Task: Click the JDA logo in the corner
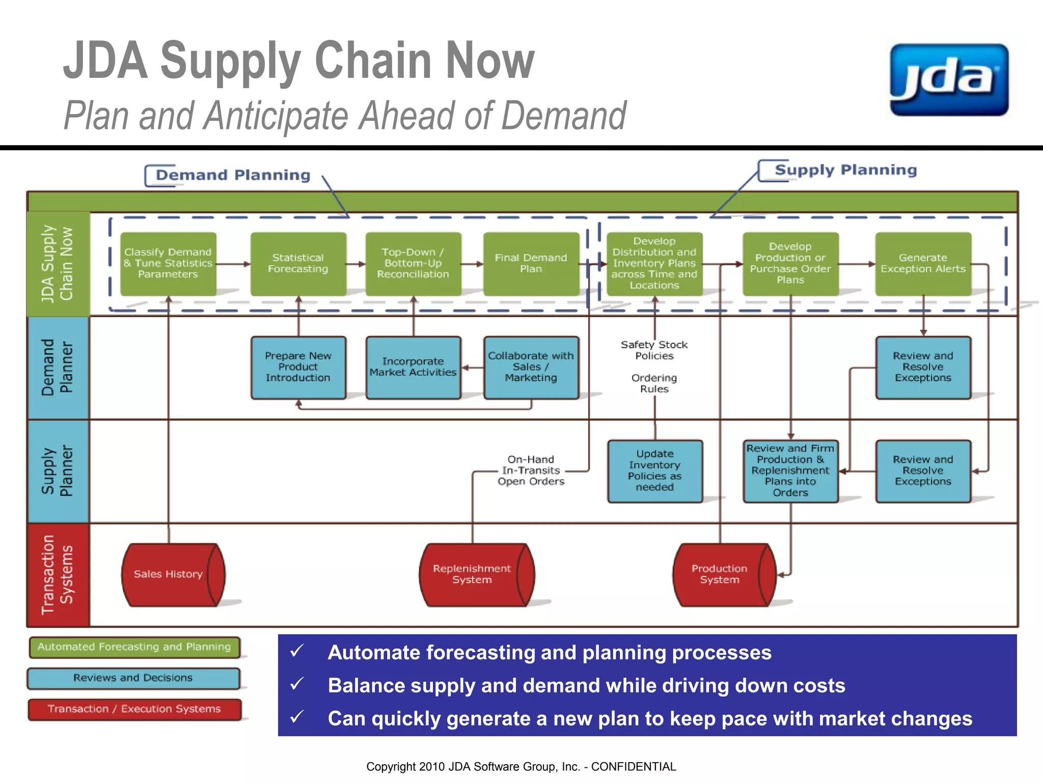(x=949, y=80)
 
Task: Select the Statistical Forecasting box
(x=298, y=264)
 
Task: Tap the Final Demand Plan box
(x=531, y=264)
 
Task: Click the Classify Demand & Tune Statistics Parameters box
(x=168, y=264)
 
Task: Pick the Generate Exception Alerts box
(x=923, y=264)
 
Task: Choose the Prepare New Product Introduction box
(x=298, y=367)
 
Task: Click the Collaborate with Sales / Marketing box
(x=531, y=367)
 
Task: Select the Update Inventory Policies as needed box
(x=655, y=471)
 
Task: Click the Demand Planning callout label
(x=233, y=175)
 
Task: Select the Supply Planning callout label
(x=845, y=170)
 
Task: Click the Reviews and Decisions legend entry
(x=133, y=678)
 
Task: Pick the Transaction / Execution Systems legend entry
(x=134, y=709)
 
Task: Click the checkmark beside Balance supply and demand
(x=297, y=684)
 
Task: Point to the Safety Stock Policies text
(x=654, y=350)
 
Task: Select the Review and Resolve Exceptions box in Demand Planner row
(x=923, y=367)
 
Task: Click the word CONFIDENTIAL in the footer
(x=634, y=767)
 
